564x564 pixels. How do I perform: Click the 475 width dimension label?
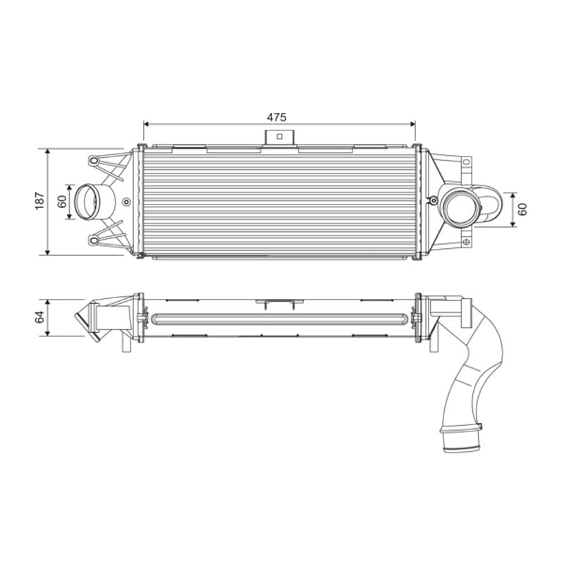[x=276, y=117]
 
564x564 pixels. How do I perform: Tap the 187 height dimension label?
[x=39, y=201]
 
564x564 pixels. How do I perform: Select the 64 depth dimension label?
[x=39, y=317]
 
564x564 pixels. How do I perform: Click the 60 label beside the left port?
[x=62, y=202]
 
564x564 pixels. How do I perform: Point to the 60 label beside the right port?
[x=522, y=209]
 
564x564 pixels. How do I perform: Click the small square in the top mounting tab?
[x=279, y=136]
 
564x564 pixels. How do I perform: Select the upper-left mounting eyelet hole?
[x=94, y=161]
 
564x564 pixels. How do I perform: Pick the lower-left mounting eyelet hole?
[x=94, y=240]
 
